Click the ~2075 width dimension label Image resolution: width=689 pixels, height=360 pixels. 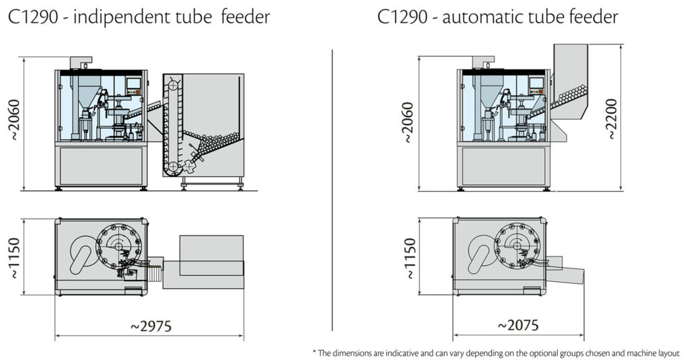518,326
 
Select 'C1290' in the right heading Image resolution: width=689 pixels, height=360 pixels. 402,16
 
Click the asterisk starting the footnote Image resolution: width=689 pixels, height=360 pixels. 314,351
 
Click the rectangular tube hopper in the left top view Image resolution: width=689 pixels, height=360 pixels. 211,255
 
